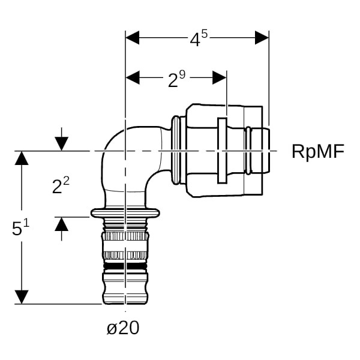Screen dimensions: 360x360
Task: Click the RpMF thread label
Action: [x=318, y=151]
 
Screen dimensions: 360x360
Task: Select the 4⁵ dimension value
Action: [x=199, y=39]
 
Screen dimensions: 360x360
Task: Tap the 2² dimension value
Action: [x=61, y=185]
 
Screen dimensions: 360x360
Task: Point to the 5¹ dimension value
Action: [x=21, y=228]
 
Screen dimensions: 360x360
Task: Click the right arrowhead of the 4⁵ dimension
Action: [x=262, y=37]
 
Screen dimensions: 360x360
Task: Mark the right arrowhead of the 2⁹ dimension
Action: [x=220, y=77]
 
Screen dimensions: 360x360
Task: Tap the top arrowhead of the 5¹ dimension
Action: [x=22, y=158]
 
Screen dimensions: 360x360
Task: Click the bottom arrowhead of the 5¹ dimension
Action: [x=22, y=297]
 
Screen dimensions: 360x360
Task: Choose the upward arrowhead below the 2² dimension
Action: [x=61, y=224]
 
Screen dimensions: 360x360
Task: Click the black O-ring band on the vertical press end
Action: [x=125, y=264]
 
